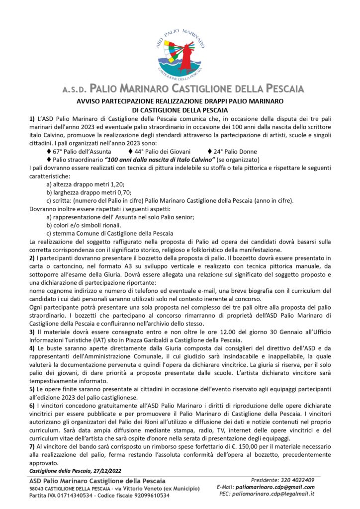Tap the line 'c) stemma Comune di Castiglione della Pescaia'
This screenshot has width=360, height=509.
(x=109, y=233)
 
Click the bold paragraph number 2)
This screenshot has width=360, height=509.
(x=32, y=258)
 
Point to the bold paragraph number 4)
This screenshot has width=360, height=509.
(x=32, y=350)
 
